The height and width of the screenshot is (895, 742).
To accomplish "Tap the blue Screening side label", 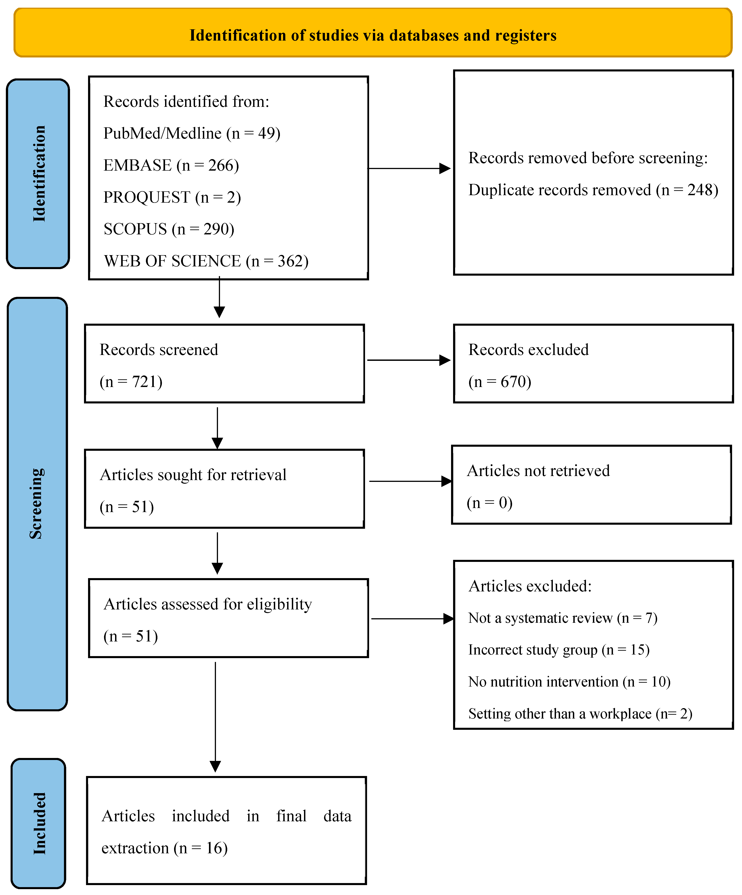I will point(37,504).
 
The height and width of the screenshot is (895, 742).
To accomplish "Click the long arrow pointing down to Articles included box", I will point(216,716).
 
